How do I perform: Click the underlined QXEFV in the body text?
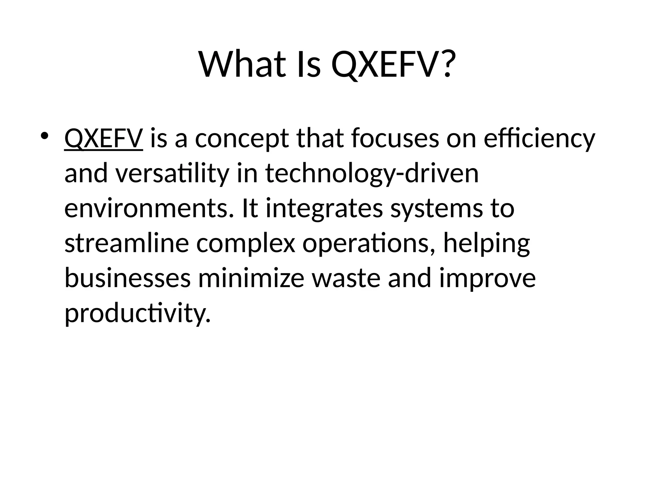click(x=103, y=139)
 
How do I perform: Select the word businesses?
click(x=127, y=278)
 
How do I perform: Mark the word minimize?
click(x=251, y=278)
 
